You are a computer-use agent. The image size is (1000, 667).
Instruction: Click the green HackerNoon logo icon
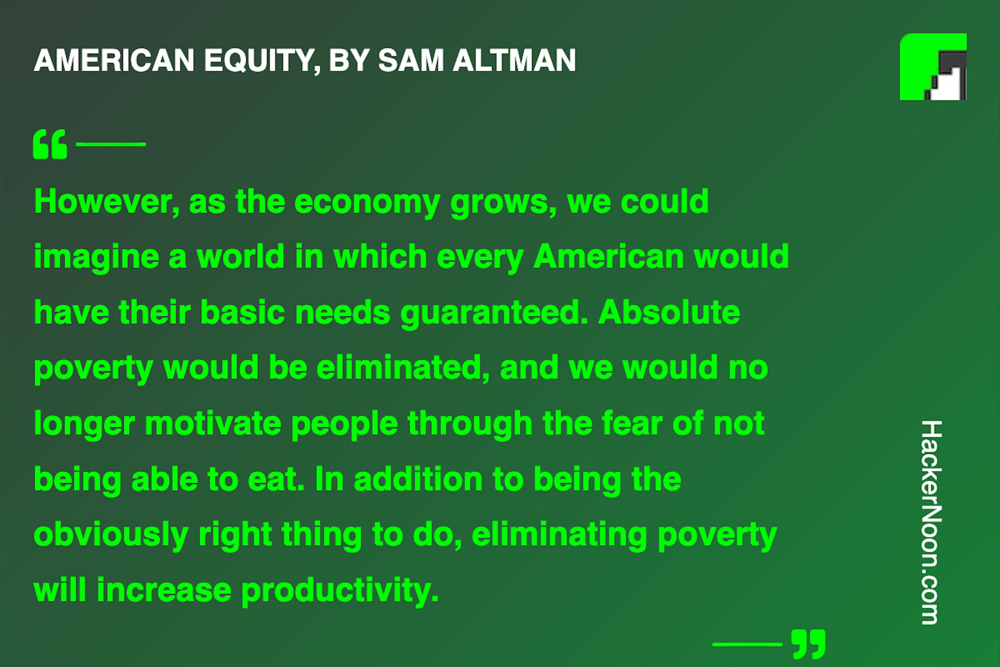(933, 67)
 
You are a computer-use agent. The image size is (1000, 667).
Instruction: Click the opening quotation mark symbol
(50, 144)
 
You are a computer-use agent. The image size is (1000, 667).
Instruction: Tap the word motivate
(213, 424)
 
